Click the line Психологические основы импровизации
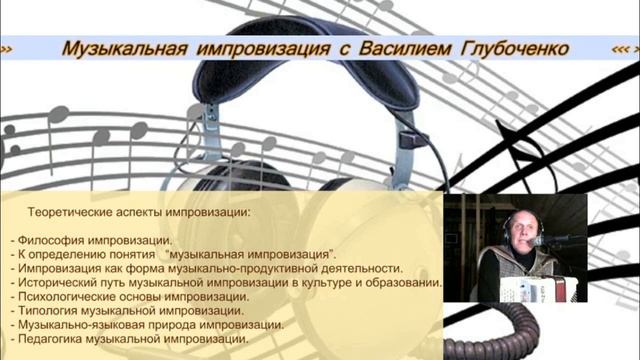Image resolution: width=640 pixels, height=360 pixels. pyautogui.click(x=131, y=297)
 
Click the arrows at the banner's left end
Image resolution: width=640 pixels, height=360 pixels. pyautogui.click(x=7, y=49)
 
